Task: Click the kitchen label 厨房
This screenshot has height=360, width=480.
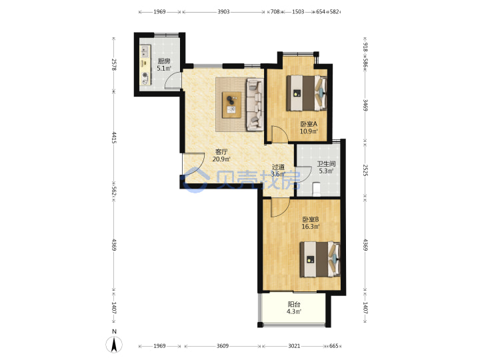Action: pos(164,61)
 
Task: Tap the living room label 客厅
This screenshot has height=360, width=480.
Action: pos(221,152)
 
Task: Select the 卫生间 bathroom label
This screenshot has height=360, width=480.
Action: pos(326,164)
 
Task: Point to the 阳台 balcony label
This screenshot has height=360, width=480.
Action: pos(294,304)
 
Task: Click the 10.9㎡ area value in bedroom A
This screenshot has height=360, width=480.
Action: pos(309,131)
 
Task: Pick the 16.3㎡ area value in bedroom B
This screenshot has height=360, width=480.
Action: pos(311,227)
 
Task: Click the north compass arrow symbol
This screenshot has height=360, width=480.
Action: pos(114,345)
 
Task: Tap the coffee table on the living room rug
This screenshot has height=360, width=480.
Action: pos(232,105)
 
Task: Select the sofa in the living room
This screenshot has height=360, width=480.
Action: pos(255,105)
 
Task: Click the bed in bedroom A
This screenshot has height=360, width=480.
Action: pos(307,93)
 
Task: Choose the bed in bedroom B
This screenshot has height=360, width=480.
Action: pos(320,259)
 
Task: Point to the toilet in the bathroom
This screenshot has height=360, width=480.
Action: pos(317,189)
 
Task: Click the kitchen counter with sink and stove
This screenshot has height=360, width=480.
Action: pos(145,65)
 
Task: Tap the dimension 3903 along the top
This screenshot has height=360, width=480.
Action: pos(223,11)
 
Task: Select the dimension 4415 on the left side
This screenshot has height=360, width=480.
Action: pos(114,137)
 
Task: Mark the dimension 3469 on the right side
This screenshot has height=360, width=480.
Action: pos(365,105)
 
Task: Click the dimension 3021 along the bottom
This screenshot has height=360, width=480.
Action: pos(294,346)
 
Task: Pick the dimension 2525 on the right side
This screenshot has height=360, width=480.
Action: pos(365,170)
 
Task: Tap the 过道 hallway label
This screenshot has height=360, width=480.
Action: pos(278,167)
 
